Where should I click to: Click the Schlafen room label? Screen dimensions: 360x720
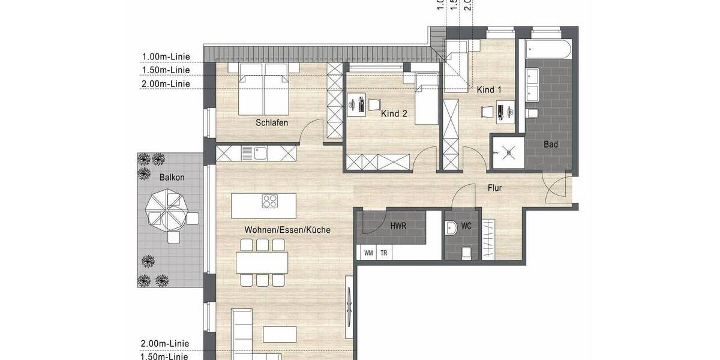click(272, 123)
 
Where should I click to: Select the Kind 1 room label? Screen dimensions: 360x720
click(489, 90)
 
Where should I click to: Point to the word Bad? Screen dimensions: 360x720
click(551, 145)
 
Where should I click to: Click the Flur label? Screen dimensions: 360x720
click(494, 188)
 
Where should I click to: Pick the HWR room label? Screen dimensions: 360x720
click(398, 227)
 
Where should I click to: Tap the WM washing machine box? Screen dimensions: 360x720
click(368, 253)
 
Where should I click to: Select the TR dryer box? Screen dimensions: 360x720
click(383, 253)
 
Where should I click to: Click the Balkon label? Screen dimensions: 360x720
click(172, 178)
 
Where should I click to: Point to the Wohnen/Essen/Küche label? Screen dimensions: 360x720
click(287, 230)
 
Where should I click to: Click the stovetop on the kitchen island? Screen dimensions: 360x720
click(270, 202)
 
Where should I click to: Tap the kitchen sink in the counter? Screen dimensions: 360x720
click(260, 154)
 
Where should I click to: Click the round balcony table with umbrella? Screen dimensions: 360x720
click(168, 209)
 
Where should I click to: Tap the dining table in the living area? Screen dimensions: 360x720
click(262, 262)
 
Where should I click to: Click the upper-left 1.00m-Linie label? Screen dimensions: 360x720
click(166, 57)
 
